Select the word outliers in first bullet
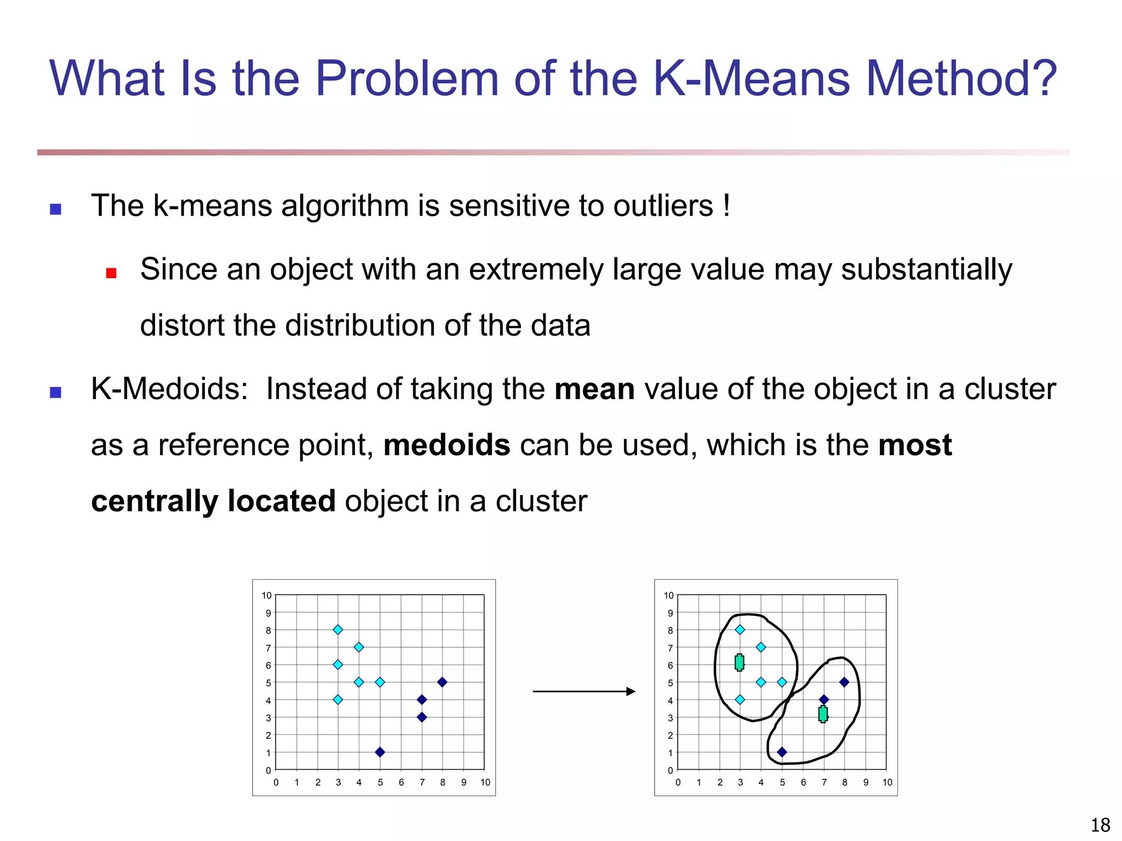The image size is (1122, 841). [663, 206]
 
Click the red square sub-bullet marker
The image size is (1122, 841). [111, 273]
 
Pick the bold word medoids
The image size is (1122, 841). [446, 445]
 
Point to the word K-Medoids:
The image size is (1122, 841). [169, 389]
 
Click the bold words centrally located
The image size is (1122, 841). [213, 501]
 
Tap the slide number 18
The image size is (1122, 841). [1100, 825]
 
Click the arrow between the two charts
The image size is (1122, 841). [583, 692]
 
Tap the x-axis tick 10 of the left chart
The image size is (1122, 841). [485, 782]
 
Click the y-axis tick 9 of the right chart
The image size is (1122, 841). [669, 613]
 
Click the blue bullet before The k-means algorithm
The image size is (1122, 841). [55, 209]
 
